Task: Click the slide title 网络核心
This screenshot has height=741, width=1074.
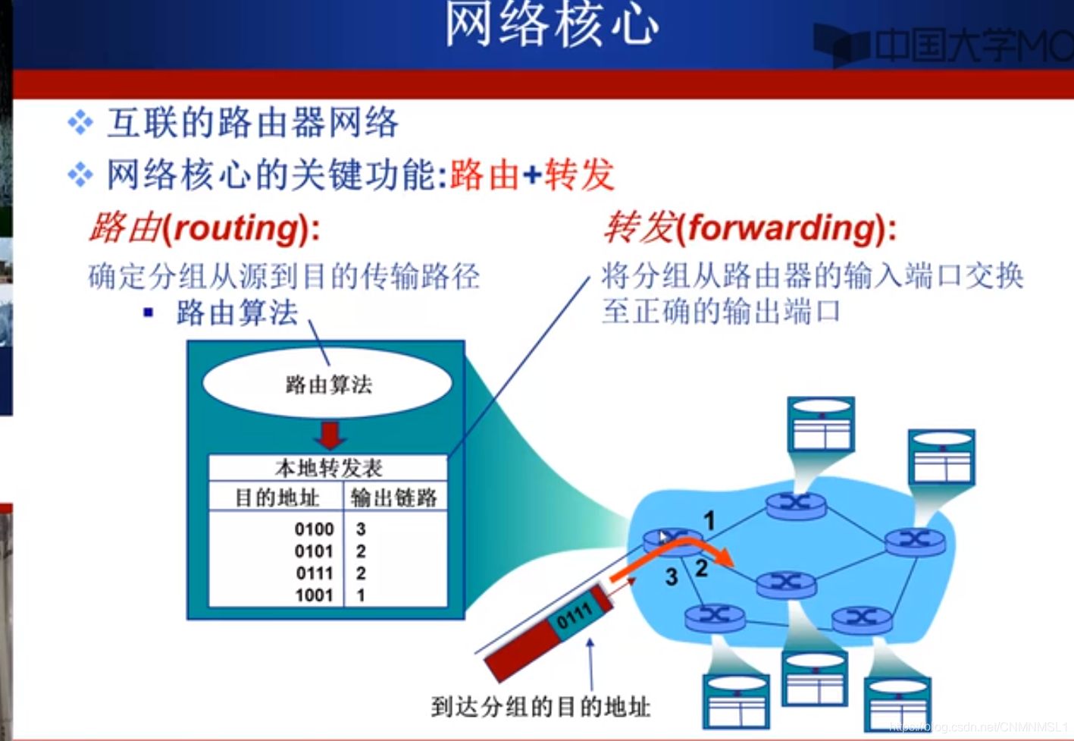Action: click(x=551, y=24)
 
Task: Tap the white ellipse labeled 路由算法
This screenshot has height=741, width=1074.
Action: click(x=327, y=384)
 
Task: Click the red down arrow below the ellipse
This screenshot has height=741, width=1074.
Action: click(x=330, y=435)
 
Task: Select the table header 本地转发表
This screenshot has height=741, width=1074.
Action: click(x=328, y=467)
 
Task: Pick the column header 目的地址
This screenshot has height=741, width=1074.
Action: click(x=277, y=498)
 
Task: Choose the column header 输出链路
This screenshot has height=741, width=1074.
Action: click(x=394, y=498)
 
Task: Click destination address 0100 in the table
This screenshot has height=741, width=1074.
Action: click(x=314, y=529)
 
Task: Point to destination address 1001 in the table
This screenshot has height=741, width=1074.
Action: click(x=314, y=595)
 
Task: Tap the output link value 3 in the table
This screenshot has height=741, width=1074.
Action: click(x=361, y=529)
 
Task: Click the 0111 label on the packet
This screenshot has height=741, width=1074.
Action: click(x=574, y=616)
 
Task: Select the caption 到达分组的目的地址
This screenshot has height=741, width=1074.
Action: click(x=540, y=707)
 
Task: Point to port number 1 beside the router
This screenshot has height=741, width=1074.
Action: click(x=709, y=520)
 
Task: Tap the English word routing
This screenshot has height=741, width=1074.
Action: click(x=237, y=228)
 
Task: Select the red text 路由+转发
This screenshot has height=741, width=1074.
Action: click(x=531, y=175)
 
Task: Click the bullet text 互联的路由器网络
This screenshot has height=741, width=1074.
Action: click(x=252, y=123)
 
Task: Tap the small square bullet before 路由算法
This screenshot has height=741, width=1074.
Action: click(x=149, y=312)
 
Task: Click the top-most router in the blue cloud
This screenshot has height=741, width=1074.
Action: click(x=795, y=504)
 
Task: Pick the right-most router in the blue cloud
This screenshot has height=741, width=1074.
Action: click(x=915, y=540)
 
